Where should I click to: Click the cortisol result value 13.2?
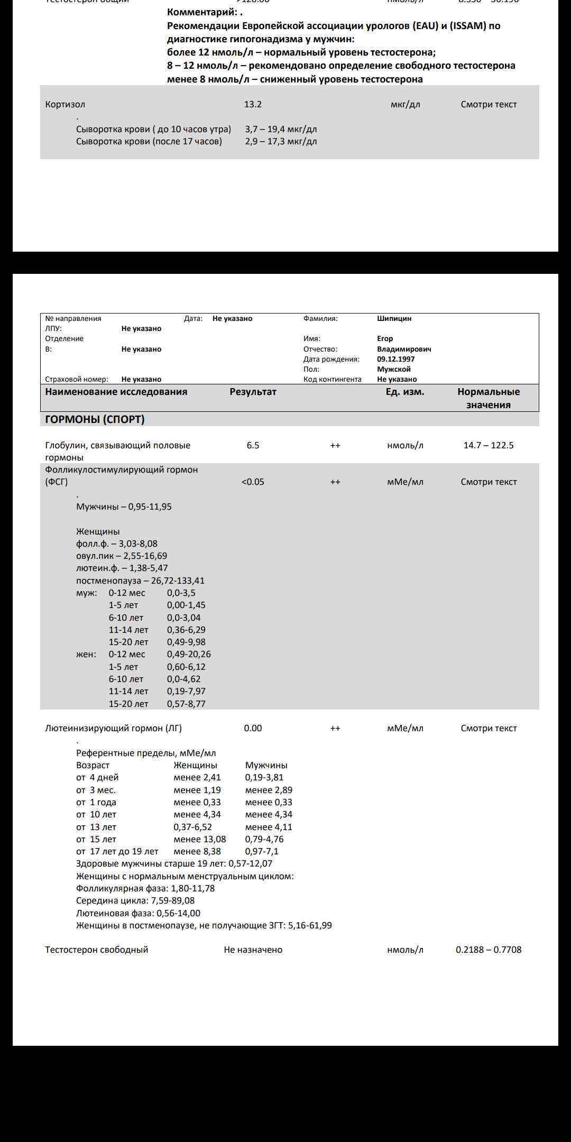coord(253,104)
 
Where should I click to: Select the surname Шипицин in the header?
coord(394,318)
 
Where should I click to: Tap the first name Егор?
coord(385,338)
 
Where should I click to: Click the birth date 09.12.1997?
coord(395,359)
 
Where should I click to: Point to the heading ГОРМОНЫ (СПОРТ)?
coord(95,419)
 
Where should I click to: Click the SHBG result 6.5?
coord(253,445)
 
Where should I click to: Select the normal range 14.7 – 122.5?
coord(488,445)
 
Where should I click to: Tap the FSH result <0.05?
coord(253,482)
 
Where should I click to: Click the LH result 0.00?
coord(253,728)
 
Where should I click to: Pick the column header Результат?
coord(253,392)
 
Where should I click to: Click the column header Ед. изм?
coord(404,392)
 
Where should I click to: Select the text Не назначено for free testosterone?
coord(253,950)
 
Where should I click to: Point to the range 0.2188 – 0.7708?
coord(488,950)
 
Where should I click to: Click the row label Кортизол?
coord(65,104)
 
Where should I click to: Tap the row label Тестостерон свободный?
coord(96,950)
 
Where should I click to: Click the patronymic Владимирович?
coord(404,349)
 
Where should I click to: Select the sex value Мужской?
coord(393,369)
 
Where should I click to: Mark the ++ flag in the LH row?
coord(335,728)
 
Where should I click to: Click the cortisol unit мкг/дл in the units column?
coord(405,104)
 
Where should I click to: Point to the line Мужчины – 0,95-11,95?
coord(124,506)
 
